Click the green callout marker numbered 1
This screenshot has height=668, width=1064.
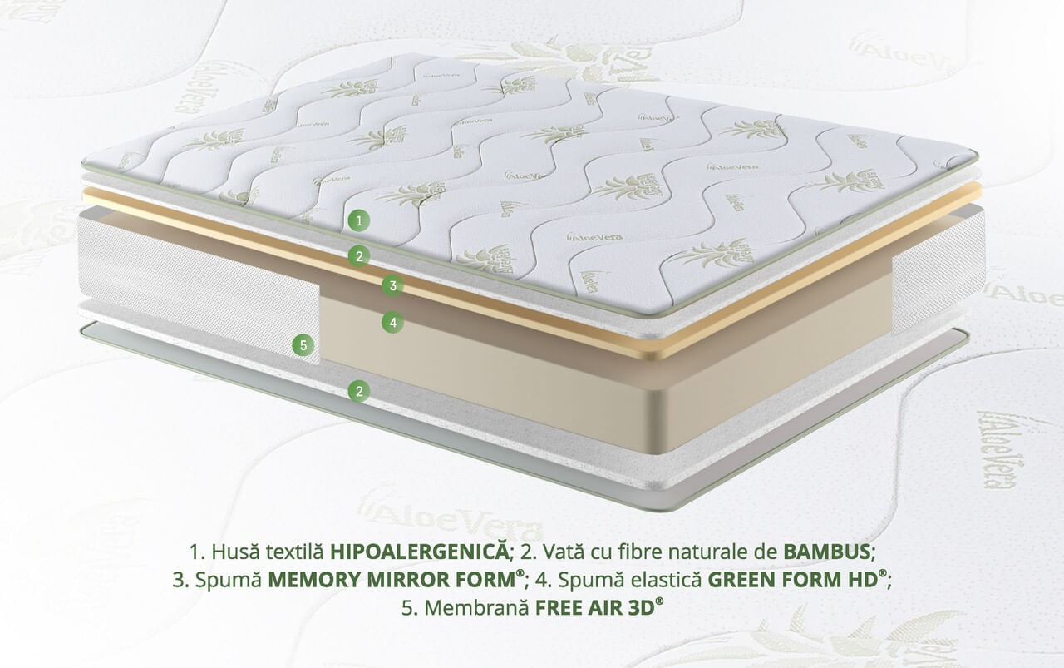click(x=359, y=221)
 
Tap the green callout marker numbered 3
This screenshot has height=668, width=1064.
click(x=393, y=285)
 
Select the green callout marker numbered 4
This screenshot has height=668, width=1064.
click(x=393, y=322)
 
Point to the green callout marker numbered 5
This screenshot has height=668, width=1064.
click(x=303, y=345)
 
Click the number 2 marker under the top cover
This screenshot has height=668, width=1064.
click(x=359, y=257)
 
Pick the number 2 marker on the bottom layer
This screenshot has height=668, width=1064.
click(x=359, y=391)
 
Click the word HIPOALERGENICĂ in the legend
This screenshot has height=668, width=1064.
click(x=418, y=552)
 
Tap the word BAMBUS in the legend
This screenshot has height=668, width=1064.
click(x=826, y=552)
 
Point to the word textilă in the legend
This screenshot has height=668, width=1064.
click(x=295, y=552)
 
